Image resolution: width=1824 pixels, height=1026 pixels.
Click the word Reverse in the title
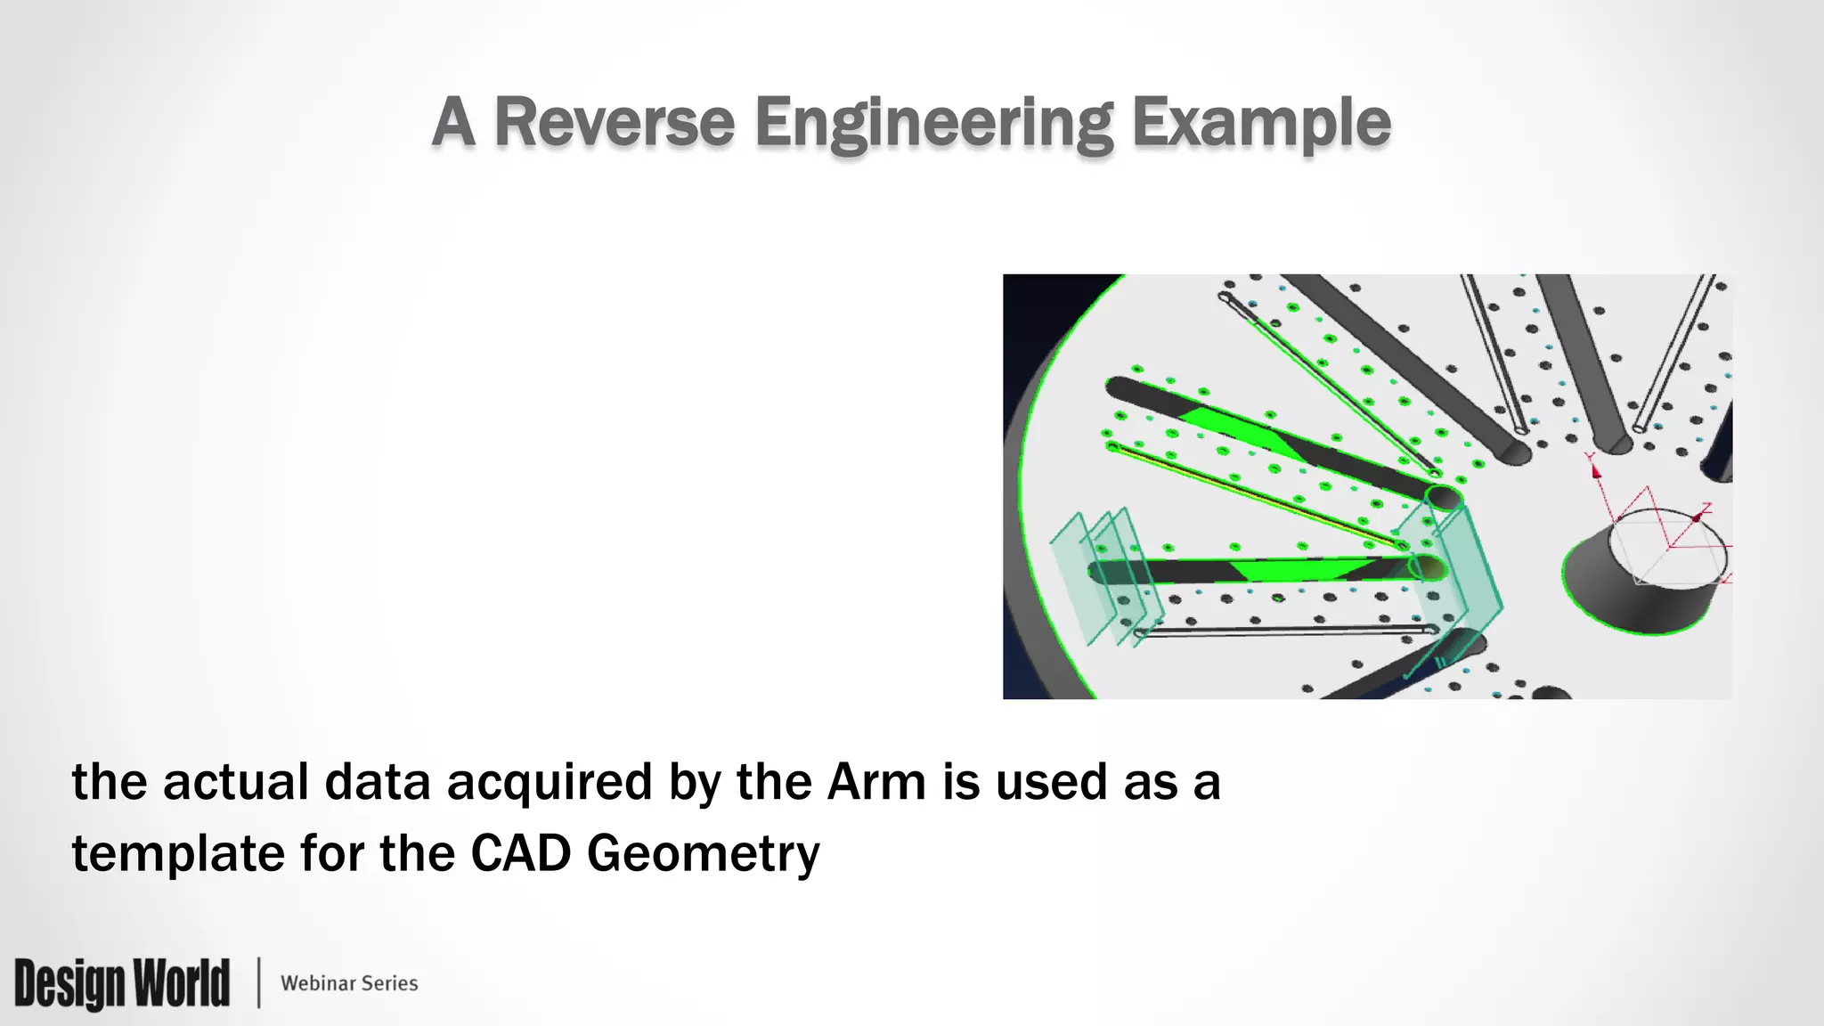click(x=614, y=122)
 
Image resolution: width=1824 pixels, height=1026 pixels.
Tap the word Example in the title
click(x=1260, y=124)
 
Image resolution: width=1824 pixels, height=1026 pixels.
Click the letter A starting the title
click(x=452, y=122)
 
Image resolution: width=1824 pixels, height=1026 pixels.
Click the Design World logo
click(x=122, y=983)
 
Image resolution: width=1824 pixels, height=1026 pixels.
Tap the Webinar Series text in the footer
click(x=349, y=983)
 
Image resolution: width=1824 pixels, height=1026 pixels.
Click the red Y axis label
click(x=1590, y=458)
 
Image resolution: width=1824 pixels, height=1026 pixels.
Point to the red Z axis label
click(x=1706, y=508)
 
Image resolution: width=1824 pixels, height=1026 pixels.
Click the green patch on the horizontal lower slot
click(x=1296, y=570)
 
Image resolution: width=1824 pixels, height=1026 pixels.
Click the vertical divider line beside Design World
click(x=258, y=983)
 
